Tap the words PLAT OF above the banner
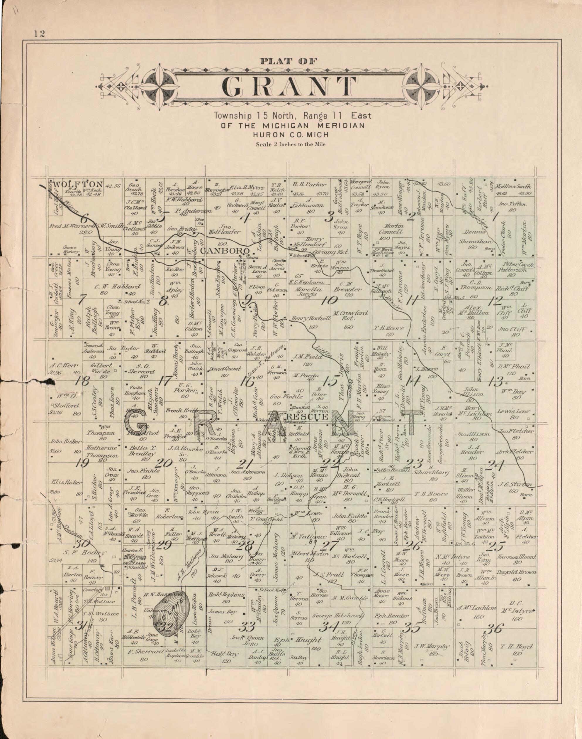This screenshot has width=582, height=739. coord(289,61)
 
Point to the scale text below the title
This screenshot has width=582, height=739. coord(290,144)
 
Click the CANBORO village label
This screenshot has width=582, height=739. coord(225,251)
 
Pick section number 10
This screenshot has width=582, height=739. coord(329,300)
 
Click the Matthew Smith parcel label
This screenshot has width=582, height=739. coord(513,187)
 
